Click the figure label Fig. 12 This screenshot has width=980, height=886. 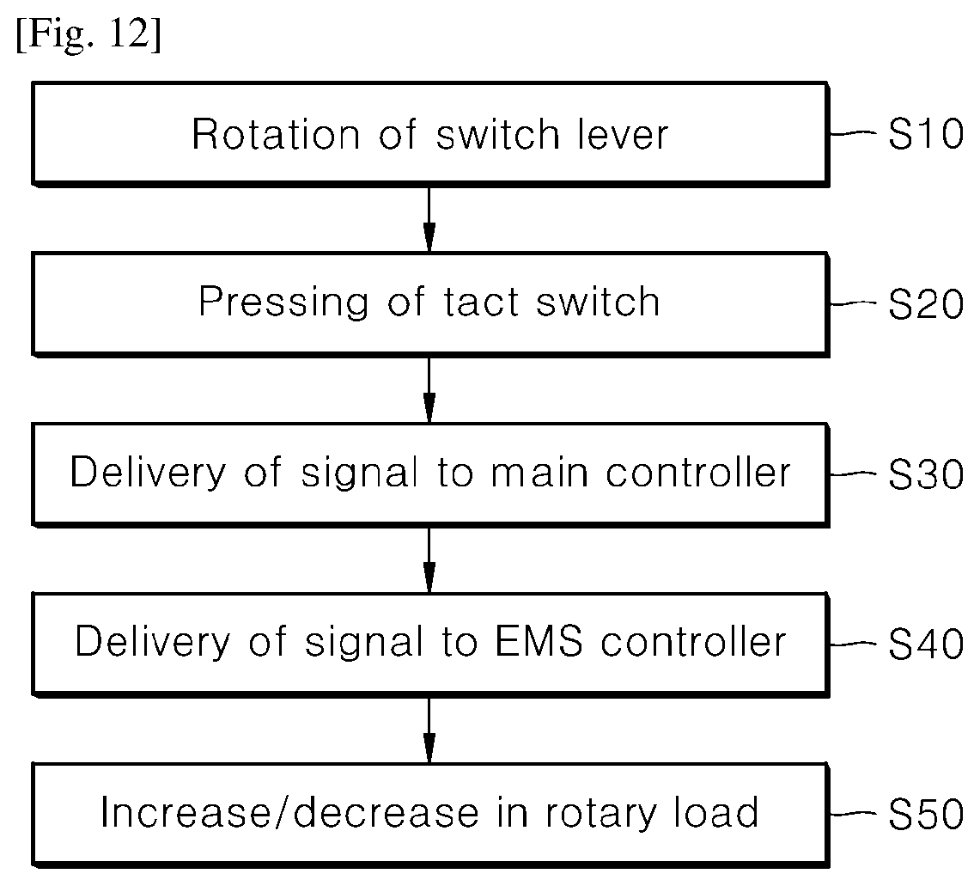[x=88, y=34]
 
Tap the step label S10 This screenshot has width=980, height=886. [x=926, y=134]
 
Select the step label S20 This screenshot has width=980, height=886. [x=926, y=304]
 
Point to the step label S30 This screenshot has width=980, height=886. [x=926, y=474]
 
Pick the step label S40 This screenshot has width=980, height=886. [x=926, y=644]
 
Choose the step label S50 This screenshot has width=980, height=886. [x=926, y=814]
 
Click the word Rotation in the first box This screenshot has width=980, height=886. [x=276, y=134]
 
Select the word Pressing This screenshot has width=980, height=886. [x=283, y=303]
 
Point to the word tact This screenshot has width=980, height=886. [x=481, y=302]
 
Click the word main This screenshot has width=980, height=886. [x=539, y=473]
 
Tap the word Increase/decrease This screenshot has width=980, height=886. [x=289, y=813]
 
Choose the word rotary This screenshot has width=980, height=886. [x=600, y=815]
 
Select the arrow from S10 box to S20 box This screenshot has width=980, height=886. [x=429, y=219]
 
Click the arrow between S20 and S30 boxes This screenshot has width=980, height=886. [x=429, y=389]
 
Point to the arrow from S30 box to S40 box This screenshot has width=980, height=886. [x=429, y=559]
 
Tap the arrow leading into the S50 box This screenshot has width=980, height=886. [x=429, y=730]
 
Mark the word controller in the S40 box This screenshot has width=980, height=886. [x=693, y=642]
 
